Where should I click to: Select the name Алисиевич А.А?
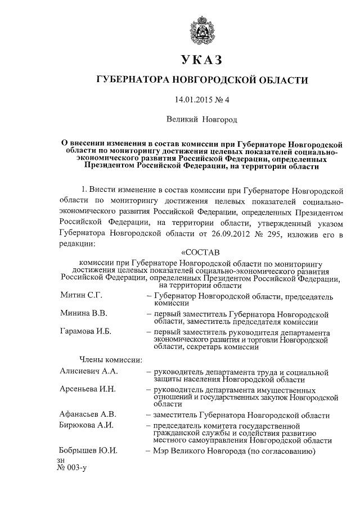[89, 372]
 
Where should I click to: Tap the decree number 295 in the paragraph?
[259, 232]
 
